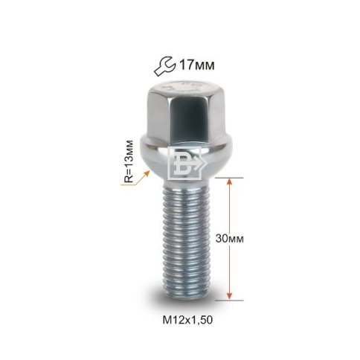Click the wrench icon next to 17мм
[164, 66]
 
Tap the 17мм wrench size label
[196, 65]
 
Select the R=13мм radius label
[129, 161]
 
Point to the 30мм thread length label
[230, 239]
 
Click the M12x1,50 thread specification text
[187, 320]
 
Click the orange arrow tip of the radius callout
[148, 172]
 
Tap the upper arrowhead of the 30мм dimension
[230, 182]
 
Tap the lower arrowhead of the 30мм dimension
[230, 296]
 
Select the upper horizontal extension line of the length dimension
[229, 178]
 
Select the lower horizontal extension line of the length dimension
[229, 300]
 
